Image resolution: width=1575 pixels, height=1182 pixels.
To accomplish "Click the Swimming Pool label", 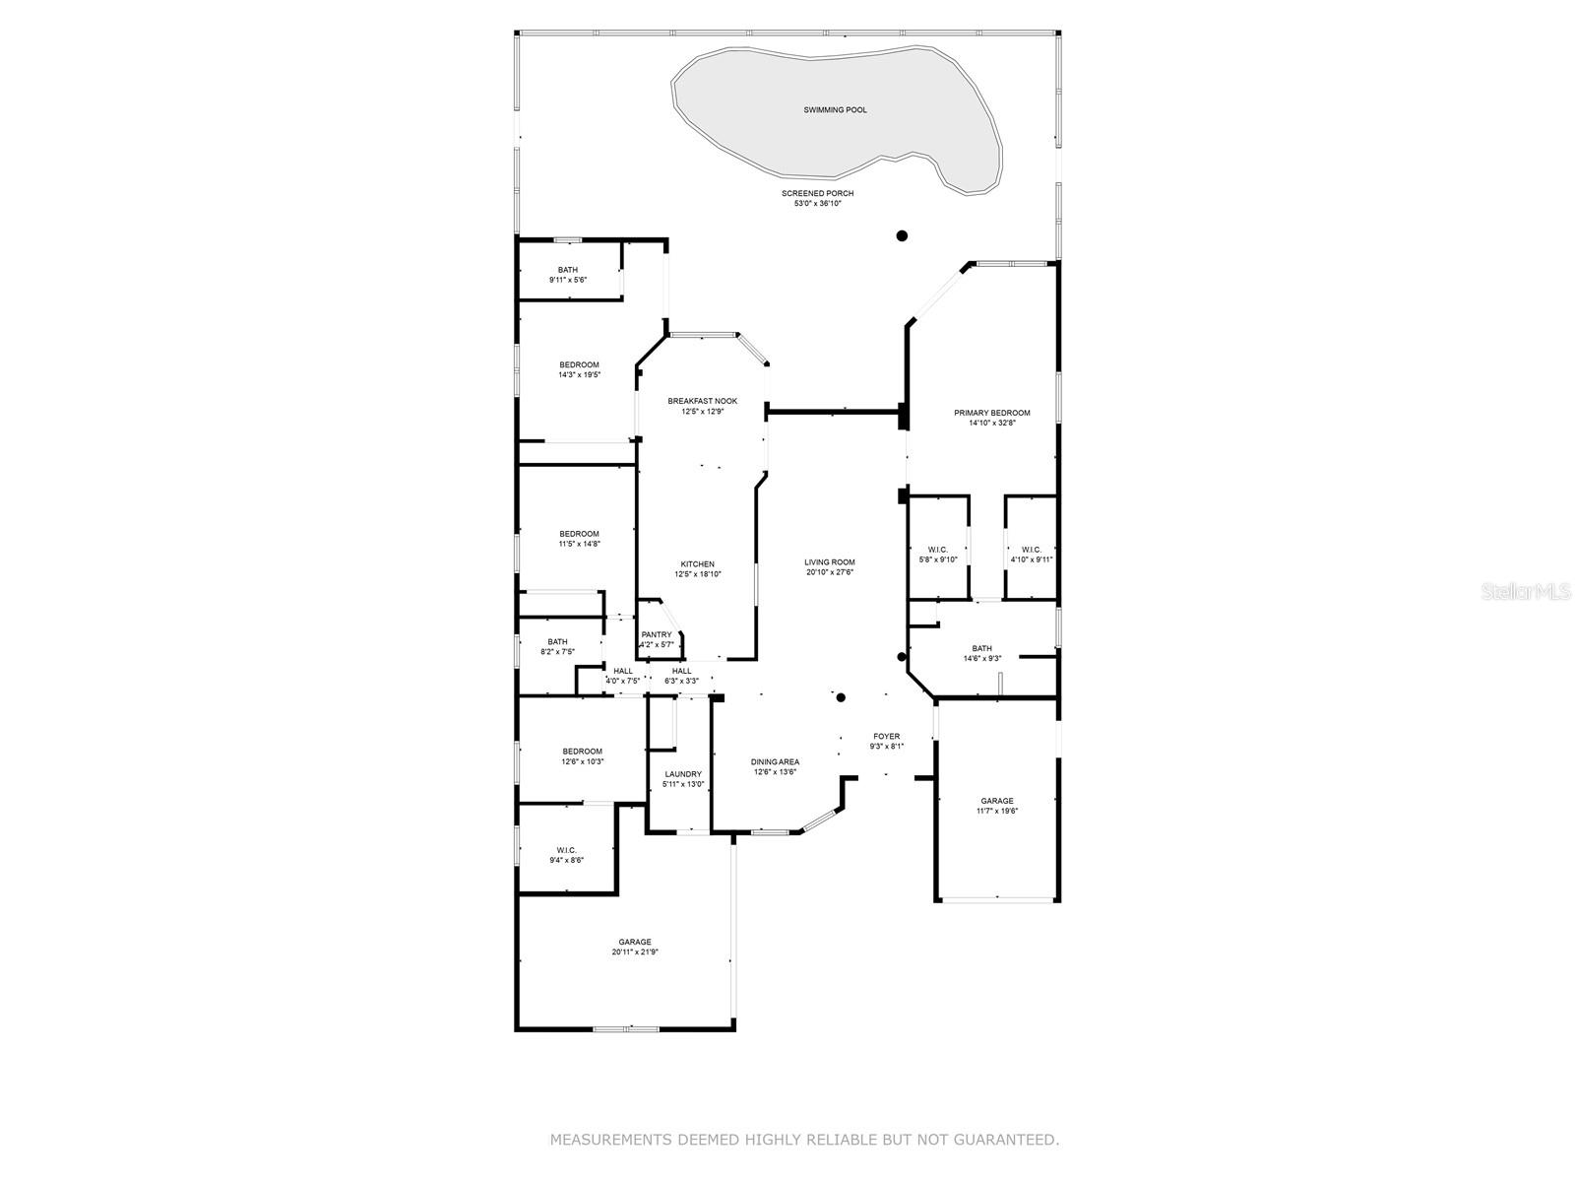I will point(835,110).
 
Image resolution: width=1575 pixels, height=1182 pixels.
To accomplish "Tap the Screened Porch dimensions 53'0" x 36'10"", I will point(817,204).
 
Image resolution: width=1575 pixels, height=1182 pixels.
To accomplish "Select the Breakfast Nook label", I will point(702,401).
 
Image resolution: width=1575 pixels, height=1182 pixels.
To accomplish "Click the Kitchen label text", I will point(698,564).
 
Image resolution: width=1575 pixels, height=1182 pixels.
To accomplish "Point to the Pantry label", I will point(657,634).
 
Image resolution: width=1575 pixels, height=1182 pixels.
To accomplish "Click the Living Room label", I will point(830,562).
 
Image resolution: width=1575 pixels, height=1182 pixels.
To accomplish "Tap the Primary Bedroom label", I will point(991,413).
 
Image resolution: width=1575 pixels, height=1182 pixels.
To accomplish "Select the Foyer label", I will point(886,736).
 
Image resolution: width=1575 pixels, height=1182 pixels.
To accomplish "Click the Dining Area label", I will point(775,761).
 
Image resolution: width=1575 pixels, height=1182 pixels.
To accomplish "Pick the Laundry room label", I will point(682,774).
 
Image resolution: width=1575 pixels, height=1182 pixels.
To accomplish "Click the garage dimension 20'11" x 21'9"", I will point(635,952).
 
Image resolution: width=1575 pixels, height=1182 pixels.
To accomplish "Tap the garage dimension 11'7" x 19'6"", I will point(996,812).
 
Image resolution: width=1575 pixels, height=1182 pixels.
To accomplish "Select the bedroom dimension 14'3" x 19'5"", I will point(579,375).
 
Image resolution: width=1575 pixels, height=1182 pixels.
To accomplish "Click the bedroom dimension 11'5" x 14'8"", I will point(579,544).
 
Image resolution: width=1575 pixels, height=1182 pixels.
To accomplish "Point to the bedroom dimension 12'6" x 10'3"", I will point(582,761).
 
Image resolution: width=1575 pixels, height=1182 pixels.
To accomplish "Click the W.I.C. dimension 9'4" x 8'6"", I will point(566,860).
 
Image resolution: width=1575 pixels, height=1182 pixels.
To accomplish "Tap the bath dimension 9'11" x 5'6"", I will point(568,280).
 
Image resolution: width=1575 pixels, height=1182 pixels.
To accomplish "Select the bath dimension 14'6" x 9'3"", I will point(981,659).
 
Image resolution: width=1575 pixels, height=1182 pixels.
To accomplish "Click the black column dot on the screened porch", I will point(901,235).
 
